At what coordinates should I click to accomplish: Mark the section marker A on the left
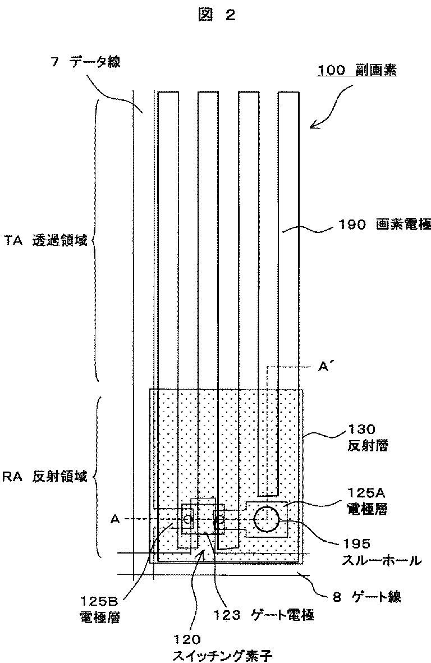click(x=114, y=520)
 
